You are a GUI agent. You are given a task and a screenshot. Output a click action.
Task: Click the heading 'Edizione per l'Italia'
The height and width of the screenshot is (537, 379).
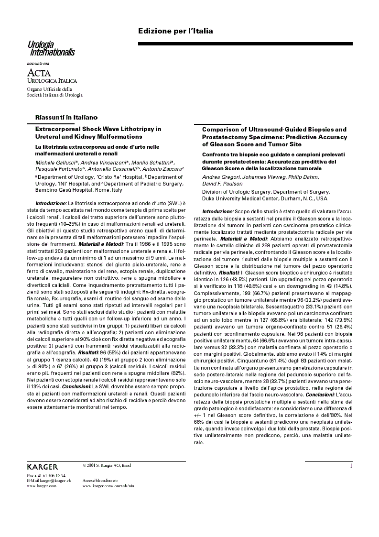point(175,31)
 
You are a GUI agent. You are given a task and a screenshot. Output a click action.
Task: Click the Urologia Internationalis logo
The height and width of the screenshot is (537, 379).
point(51,49)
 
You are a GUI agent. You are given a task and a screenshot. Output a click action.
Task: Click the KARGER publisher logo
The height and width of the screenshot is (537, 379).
point(43,467)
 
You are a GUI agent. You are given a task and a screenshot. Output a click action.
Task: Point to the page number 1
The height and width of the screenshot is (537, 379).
point(351,465)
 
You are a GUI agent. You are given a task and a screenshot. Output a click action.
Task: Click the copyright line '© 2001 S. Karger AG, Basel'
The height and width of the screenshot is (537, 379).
point(107,465)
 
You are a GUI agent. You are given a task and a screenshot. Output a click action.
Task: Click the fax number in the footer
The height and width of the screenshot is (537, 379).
point(46,475)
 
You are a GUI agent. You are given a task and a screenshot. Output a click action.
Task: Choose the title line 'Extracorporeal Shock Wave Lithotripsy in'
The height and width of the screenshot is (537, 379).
point(98,129)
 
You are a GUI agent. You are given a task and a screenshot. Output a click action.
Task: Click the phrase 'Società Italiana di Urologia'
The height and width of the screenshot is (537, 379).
point(54,95)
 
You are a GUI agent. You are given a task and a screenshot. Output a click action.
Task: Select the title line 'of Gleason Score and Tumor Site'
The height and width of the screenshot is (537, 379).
point(252,144)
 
